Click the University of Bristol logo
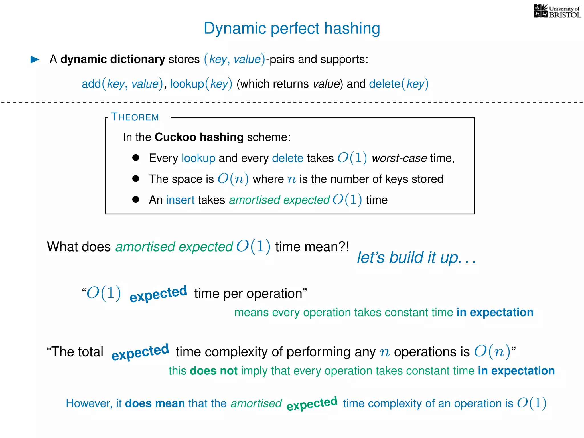tap(557, 11)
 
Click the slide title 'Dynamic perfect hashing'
tap(292, 28)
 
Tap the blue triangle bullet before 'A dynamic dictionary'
tap(35, 59)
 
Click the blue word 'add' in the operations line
tap(91, 84)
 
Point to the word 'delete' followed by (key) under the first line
tap(384, 84)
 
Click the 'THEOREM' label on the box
tap(135, 117)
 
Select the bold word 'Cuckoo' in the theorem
tap(175, 137)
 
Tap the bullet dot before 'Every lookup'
tap(136, 158)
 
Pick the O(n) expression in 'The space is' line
tap(233, 179)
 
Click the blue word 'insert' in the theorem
tap(180, 200)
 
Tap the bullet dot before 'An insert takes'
tap(136, 200)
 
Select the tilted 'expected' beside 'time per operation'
tap(158, 294)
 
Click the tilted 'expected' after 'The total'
tap(140, 352)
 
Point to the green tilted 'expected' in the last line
tap(312, 403)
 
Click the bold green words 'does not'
tap(214, 371)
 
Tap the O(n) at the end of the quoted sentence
tap(492, 352)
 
